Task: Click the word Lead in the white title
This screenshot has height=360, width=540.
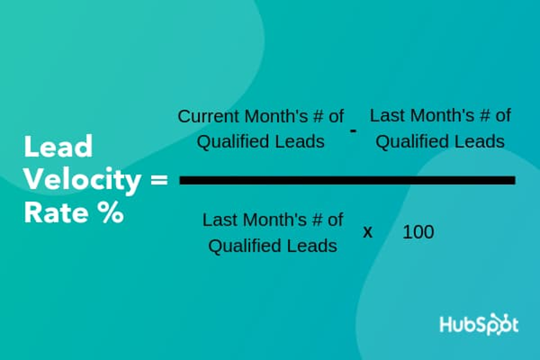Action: click(58, 146)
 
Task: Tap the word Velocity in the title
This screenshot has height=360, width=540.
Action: click(82, 180)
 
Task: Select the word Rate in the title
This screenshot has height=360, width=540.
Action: click(56, 212)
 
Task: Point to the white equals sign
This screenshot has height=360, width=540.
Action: click(159, 180)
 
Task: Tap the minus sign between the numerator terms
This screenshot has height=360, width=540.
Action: click(353, 131)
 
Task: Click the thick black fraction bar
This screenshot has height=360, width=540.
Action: click(347, 180)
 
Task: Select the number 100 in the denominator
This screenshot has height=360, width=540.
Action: click(418, 232)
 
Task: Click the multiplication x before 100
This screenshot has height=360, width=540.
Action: click(368, 233)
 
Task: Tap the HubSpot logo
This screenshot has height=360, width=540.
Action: click(479, 324)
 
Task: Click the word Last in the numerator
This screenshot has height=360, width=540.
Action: click(385, 115)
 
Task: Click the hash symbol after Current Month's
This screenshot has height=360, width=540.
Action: click(318, 116)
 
